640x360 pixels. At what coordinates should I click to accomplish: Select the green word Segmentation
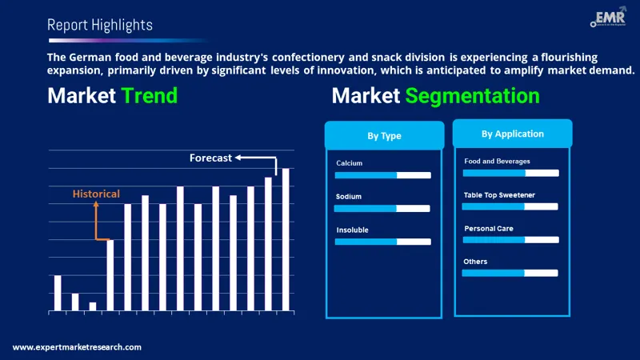point(472,97)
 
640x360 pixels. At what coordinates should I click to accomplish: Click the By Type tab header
point(384,136)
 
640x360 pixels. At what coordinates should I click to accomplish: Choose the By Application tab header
point(512,134)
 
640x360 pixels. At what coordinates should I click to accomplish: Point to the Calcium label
point(349,163)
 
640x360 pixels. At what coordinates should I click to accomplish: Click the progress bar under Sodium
point(382,208)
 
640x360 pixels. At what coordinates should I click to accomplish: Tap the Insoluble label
point(352,230)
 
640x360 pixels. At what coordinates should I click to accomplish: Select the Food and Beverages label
point(497,161)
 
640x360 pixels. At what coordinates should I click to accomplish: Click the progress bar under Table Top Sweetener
point(510,206)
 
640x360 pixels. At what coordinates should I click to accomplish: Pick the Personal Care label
point(488,229)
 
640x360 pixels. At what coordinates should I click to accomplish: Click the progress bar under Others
point(510,273)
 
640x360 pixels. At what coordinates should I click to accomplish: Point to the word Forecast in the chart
point(210,158)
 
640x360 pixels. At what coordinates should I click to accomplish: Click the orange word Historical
point(96,194)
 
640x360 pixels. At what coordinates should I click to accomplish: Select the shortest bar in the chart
point(93,306)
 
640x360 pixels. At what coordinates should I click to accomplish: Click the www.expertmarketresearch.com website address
point(77,347)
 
